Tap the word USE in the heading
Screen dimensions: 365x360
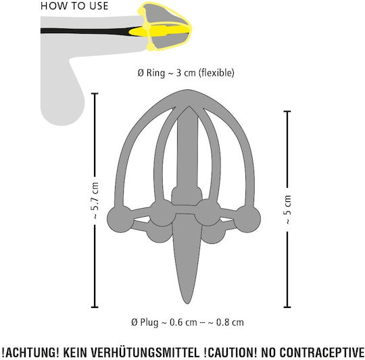(x=99, y=6)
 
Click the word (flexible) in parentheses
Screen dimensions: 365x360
(x=216, y=73)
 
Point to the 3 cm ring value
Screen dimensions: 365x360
(x=186, y=73)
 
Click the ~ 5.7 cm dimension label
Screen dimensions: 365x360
(x=95, y=200)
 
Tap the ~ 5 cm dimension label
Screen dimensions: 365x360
(x=288, y=209)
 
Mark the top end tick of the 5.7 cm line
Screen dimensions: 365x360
(x=95, y=93)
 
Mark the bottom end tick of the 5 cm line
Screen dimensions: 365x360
(x=287, y=307)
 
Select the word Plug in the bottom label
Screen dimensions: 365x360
(x=149, y=322)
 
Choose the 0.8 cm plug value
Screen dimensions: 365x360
(x=230, y=322)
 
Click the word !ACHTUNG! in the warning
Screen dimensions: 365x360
(x=30, y=353)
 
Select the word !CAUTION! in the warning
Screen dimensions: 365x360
(x=230, y=353)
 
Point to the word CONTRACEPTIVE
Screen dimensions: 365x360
(x=322, y=353)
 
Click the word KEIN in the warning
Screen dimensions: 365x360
(x=75, y=353)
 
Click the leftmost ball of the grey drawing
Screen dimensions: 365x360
(x=120, y=219)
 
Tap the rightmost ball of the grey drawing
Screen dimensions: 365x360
(x=247, y=219)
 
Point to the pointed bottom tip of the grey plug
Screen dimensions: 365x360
(x=187, y=303)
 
